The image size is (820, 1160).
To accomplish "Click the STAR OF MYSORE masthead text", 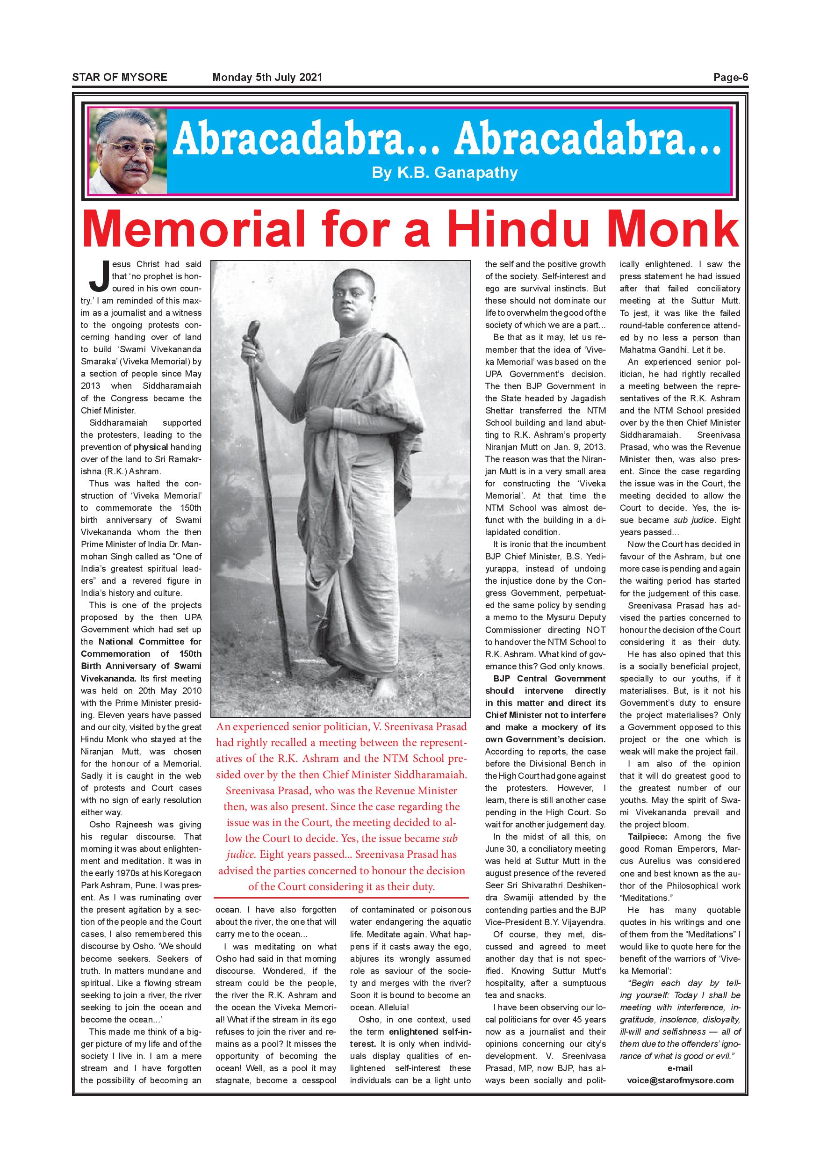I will [120, 77].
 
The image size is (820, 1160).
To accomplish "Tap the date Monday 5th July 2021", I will [267, 77].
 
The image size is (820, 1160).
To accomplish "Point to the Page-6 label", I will [730, 77].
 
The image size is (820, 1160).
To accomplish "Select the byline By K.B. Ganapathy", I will [444, 173].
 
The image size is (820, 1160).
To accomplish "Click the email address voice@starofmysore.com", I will [680, 1080].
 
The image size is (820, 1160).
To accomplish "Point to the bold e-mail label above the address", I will [680, 1068].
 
